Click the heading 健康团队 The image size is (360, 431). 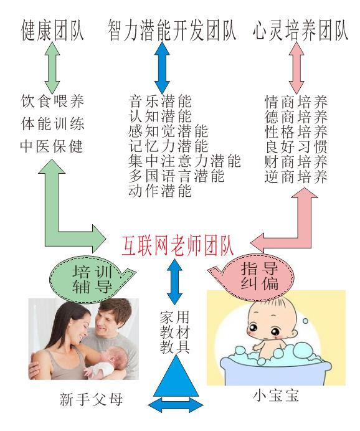[x=52, y=31]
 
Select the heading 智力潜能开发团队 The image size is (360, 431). [x=172, y=31]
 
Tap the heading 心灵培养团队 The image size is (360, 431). [x=300, y=31]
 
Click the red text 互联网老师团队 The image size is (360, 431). [x=178, y=246]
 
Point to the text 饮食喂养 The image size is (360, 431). [x=52, y=101]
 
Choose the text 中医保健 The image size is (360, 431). [x=52, y=146]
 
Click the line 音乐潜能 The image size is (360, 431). [x=160, y=101]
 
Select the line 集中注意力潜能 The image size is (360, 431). [x=185, y=161]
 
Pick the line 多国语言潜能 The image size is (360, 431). [x=176, y=176]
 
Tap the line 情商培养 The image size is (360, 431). [x=296, y=102]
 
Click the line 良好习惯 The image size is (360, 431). [x=296, y=146]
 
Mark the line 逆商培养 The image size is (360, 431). [x=296, y=176]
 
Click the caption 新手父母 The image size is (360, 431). [x=91, y=399]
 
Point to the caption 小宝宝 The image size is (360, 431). [x=276, y=396]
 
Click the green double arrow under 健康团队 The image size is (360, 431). [x=52, y=67]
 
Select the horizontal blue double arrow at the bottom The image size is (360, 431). [x=176, y=405]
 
